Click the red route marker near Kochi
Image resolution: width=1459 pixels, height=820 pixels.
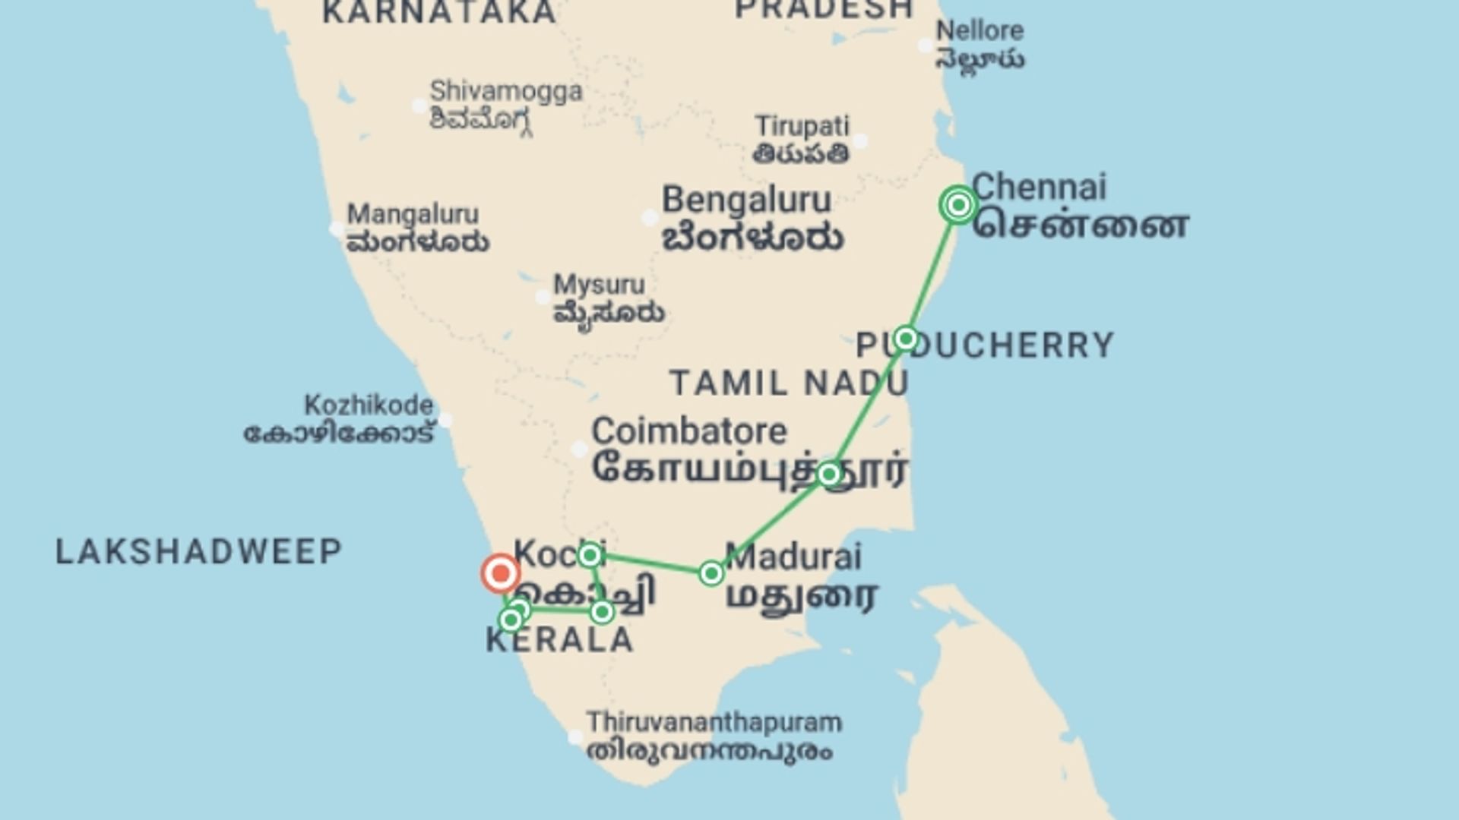point(500,573)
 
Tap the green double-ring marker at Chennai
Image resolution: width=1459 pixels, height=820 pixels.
point(958,204)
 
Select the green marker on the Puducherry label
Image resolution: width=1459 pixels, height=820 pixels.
point(905,338)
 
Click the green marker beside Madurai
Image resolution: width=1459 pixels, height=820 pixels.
point(711,573)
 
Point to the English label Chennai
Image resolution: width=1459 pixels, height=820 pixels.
point(1039,187)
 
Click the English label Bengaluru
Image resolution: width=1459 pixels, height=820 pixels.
point(746,200)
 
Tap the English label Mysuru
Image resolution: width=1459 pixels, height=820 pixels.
point(599,285)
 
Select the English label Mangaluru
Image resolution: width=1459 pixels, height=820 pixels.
point(413,214)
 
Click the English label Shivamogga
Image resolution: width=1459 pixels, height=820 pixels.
point(506,92)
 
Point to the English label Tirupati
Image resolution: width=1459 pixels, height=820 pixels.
point(802,126)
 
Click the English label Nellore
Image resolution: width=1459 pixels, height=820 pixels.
point(980,31)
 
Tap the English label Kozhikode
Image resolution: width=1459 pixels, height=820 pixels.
point(369,405)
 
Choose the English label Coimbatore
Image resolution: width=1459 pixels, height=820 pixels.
point(689,431)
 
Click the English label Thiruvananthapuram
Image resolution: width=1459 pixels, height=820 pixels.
point(714,721)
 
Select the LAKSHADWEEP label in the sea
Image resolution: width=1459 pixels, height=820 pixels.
point(199,552)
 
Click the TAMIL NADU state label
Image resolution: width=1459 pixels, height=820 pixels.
point(789,383)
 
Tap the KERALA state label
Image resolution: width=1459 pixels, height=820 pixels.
point(559,641)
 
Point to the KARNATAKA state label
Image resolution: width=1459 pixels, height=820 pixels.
point(439,12)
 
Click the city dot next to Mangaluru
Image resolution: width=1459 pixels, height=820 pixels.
point(337,228)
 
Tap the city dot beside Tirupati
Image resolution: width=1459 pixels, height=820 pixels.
point(859,140)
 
